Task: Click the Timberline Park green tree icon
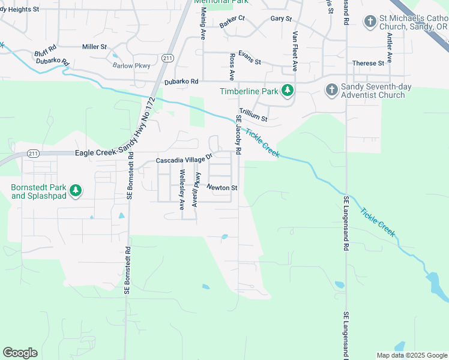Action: click(x=288, y=91)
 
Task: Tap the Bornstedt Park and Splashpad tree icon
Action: click(x=76, y=191)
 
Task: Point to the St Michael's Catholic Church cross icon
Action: click(x=371, y=22)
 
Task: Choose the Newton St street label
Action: click(x=222, y=188)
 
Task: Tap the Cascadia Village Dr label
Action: click(x=184, y=160)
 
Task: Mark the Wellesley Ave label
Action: click(x=182, y=190)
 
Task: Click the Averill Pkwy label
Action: click(x=195, y=190)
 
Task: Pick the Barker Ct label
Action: click(x=232, y=22)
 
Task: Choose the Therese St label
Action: click(x=368, y=63)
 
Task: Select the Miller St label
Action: click(x=94, y=46)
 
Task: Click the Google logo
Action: click(x=20, y=353)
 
